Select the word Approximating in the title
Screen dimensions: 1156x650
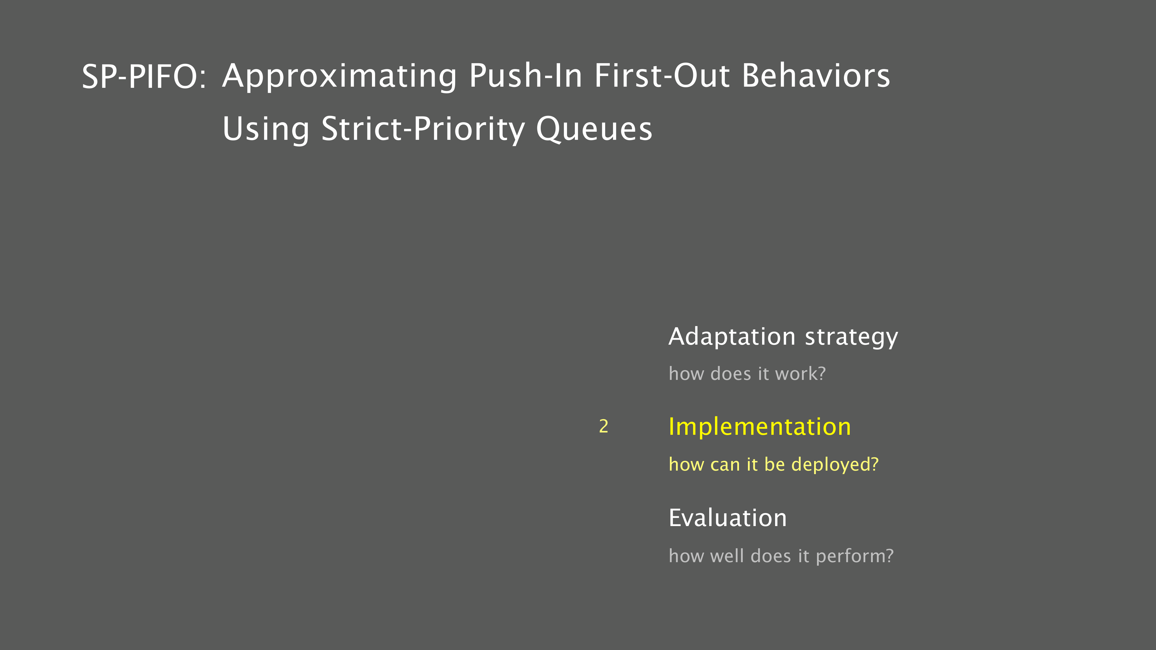[340, 77]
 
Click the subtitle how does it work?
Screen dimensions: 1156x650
[747, 374]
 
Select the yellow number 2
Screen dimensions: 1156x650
[604, 426]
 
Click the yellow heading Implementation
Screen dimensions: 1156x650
[759, 427]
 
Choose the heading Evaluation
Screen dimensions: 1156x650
[727, 518]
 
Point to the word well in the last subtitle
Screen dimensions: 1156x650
[727, 556]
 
